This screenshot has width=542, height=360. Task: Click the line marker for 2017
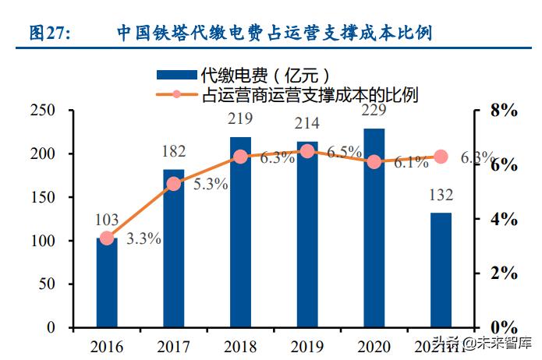[x=174, y=184]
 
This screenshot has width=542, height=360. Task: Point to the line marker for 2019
[x=307, y=151]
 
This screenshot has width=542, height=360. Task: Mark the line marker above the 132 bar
[x=441, y=157]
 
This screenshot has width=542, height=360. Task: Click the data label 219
[x=240, y=120]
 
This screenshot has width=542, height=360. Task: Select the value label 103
[x=107, y=221]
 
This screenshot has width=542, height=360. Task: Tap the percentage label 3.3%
[x=143, y=239]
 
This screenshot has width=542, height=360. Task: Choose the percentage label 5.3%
[x=210, y=185]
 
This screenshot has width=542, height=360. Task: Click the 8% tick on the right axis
[x=501, y=111]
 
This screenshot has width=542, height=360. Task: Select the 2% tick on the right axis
[x=501, y=274]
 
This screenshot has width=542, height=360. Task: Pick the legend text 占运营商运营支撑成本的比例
[x=310, y=95]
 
